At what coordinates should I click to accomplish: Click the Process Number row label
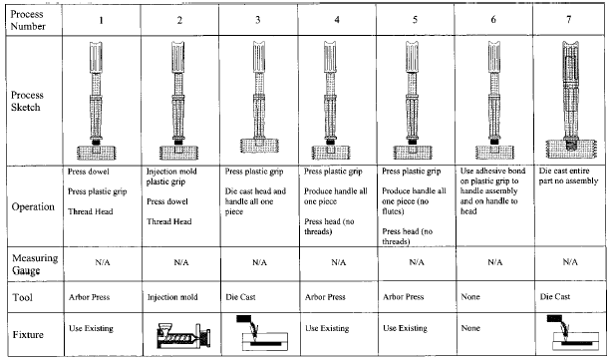[28, 20]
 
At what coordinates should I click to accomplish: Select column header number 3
[258, 20]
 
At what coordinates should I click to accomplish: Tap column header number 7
[569, 19]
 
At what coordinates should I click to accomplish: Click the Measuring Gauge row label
[34, 264]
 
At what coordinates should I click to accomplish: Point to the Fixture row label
[28, 335]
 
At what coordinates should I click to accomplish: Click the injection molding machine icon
[183, 336]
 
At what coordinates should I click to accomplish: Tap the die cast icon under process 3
[262, 333]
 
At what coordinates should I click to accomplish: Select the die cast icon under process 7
[573, 333]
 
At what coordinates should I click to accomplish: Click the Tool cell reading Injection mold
[172, 297]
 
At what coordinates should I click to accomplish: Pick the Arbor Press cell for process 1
[90, 297]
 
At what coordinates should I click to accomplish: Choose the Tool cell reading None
[470, 297]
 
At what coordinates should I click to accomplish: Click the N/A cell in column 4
[338, 262]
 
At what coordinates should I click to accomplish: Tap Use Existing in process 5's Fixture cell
[405, 328]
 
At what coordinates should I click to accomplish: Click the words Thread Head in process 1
[91, 211]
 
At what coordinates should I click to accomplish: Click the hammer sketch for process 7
[571, 100]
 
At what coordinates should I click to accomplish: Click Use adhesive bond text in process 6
[493, 171]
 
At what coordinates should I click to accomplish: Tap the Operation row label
[33, 206]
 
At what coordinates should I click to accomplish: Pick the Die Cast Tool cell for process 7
[555, 297]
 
